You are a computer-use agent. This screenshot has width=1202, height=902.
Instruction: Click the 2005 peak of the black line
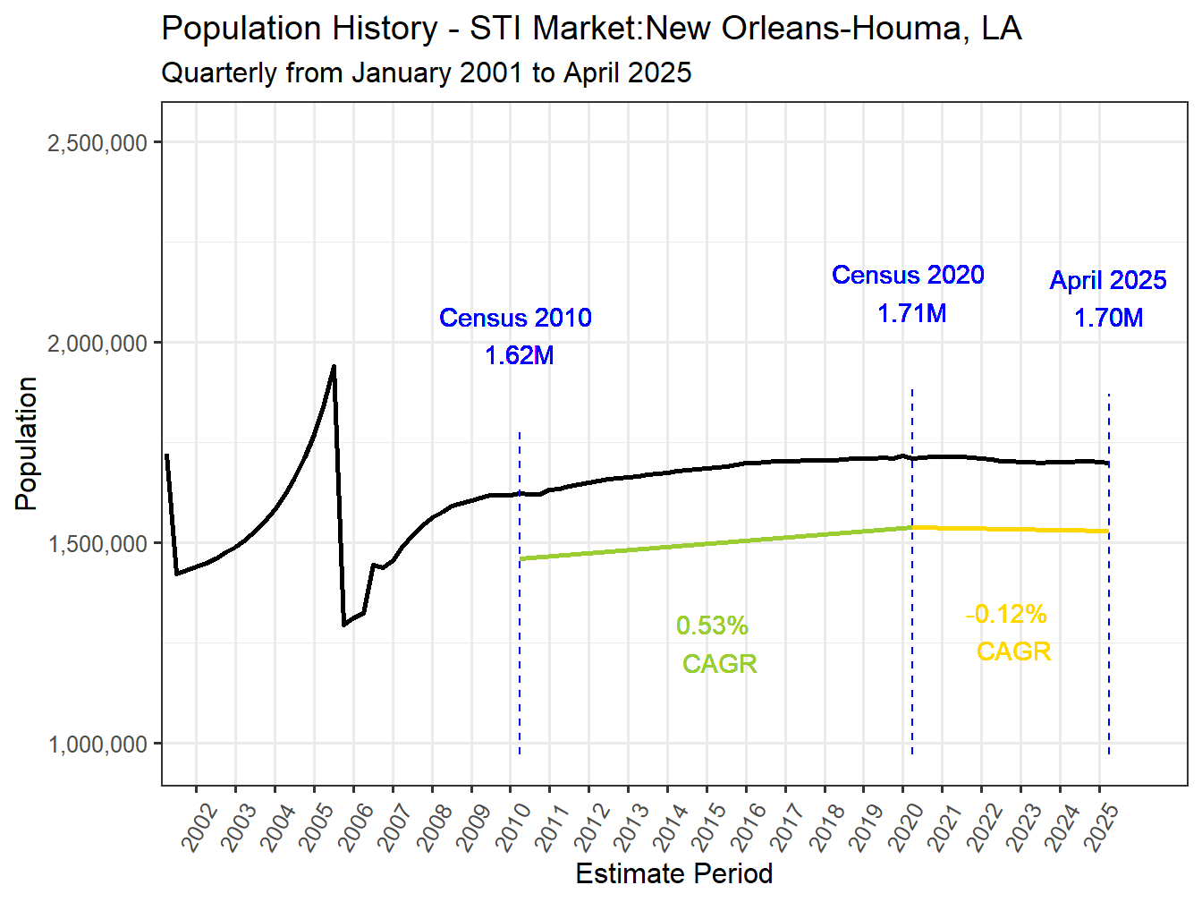coord(334,366)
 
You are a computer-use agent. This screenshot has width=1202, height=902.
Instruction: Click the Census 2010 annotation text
coord(515,318)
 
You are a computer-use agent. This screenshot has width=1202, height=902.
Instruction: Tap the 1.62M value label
coord(520,355)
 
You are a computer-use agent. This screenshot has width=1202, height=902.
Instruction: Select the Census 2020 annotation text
coord(908,275)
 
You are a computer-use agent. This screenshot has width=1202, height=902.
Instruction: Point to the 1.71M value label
coord(911,313)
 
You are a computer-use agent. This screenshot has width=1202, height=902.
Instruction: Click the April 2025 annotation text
coord(1108,280)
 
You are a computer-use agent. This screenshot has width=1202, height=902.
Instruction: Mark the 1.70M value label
coord(1108,318)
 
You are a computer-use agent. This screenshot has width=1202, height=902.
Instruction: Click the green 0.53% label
coord(712,625)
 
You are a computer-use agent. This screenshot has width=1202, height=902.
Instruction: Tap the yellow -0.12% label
coord(1006,614)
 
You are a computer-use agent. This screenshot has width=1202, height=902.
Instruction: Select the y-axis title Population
coord(26,443)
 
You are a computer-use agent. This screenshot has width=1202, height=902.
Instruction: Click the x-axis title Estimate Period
coord(673,873)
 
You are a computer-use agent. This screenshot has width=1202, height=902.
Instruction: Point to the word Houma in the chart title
coord(897,29)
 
